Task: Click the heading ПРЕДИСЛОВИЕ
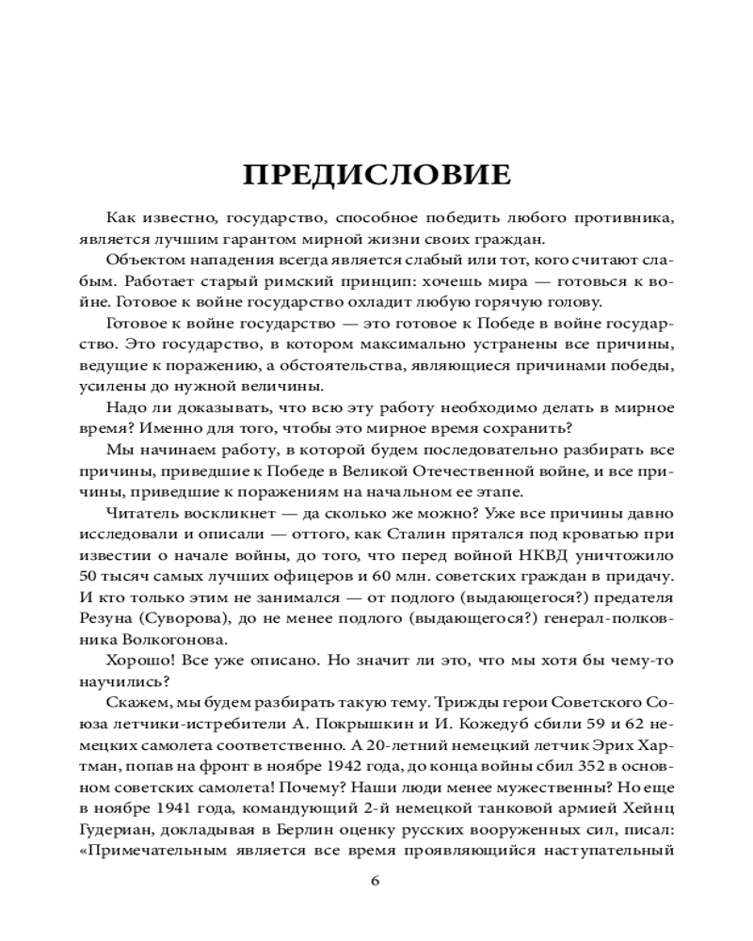376,175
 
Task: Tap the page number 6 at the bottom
376,881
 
